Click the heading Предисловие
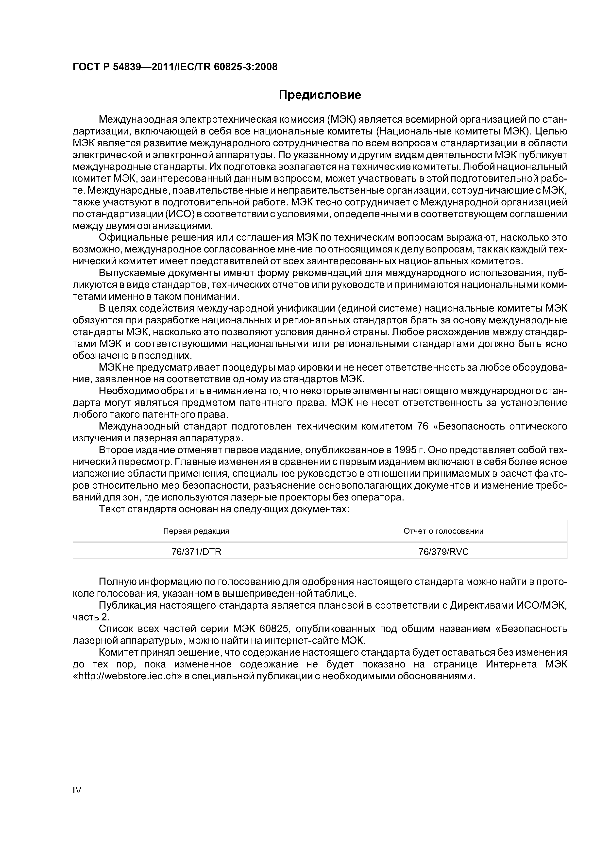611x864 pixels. click(320, 95)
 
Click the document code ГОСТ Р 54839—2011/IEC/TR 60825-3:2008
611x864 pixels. click(175, 67)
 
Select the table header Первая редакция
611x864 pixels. click(196, 531)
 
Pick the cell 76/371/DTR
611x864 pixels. click(196, 552)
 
